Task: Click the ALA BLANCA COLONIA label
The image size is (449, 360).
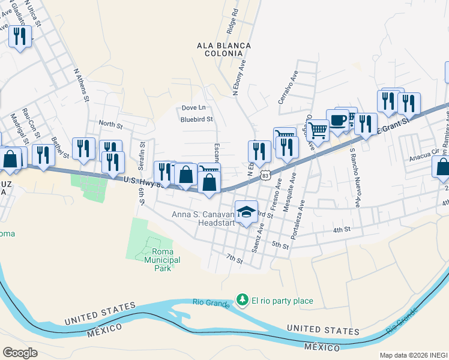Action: click(224, 50)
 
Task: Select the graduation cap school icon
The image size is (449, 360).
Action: click(246, 211)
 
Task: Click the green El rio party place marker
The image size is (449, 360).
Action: click(243, 299)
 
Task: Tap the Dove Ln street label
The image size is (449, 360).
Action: click(193, 108)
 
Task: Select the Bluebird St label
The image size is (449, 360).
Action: click(197, 119)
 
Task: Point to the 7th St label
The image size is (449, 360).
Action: click(234, 260)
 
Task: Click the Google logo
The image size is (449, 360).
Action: click(20, 352)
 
